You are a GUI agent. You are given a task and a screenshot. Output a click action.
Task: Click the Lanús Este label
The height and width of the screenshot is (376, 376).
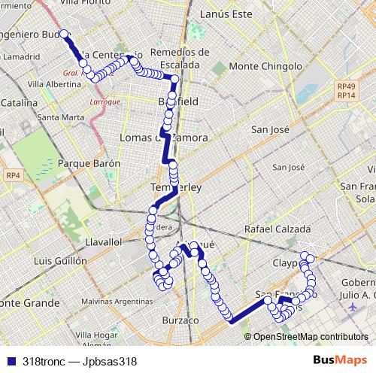[x=226, y=13]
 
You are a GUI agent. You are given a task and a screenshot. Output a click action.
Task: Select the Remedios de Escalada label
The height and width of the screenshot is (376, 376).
[x=180, y=57]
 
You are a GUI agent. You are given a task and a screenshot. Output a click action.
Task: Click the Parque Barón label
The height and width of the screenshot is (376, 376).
[x=89, y=162]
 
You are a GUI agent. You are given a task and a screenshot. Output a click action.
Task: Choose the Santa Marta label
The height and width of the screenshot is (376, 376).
[x=60, y=118]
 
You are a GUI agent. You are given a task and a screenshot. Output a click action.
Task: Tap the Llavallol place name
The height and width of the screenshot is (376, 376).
[x=104, y=242]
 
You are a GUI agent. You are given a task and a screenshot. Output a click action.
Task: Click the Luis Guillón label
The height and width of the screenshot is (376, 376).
[x=60, y=260]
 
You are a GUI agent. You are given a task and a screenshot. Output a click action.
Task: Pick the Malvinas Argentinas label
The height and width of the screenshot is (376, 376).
[x=116, y=301]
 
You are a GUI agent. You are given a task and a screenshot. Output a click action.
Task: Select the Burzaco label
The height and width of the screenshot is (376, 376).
[x=180, y=320]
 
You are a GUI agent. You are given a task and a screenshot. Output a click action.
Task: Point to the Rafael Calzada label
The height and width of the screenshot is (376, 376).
[x=277, y=229]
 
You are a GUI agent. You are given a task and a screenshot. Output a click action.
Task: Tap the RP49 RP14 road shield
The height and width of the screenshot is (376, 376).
[x=347, y=91]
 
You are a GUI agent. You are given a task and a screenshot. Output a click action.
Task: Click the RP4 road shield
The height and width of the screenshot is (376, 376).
[x=13, y=175]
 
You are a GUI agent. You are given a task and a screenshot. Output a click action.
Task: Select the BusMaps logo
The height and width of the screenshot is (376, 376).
[x=341, y=360]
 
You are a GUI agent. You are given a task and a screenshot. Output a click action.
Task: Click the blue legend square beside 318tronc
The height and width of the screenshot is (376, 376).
[x=12, y=360]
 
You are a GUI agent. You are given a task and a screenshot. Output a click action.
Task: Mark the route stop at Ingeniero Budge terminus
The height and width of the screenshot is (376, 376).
[x=64, y=34]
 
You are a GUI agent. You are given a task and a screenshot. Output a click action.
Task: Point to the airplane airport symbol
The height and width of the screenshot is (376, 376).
[x=352, y=307]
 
